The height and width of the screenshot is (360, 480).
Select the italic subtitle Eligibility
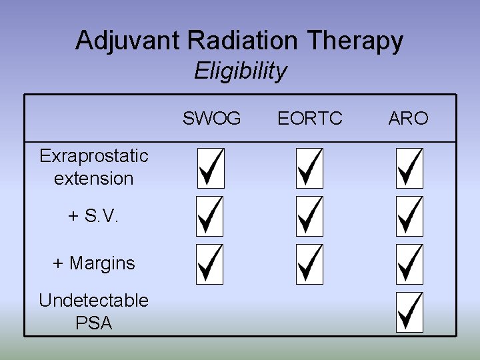(240, 71)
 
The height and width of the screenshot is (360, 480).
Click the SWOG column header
(212, 119)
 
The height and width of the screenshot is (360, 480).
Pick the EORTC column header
(310, 119)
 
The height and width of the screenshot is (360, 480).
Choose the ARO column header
(408, 119)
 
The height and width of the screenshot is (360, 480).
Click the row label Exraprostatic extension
(93, 167)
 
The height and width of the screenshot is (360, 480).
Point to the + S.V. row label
(93, 216)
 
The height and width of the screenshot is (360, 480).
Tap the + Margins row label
(93, 263)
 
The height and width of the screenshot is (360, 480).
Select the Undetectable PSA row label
(93, 312)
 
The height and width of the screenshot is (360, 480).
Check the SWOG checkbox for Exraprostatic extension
(211, 168)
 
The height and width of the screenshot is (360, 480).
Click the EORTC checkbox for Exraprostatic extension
(309, 168)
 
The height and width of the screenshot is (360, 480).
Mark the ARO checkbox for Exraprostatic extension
(409, 168)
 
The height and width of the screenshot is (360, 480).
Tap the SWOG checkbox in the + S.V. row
(211, 216)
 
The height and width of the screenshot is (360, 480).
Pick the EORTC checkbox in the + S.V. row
(309, 216)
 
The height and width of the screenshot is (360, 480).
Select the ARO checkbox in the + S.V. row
(409, 216)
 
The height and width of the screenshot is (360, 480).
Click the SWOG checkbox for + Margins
(211, 264)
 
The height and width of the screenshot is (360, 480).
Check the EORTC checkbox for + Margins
(309, 264)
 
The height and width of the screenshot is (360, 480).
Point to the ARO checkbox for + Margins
(409, 264)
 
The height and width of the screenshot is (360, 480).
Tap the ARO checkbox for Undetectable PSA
(409, 312)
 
